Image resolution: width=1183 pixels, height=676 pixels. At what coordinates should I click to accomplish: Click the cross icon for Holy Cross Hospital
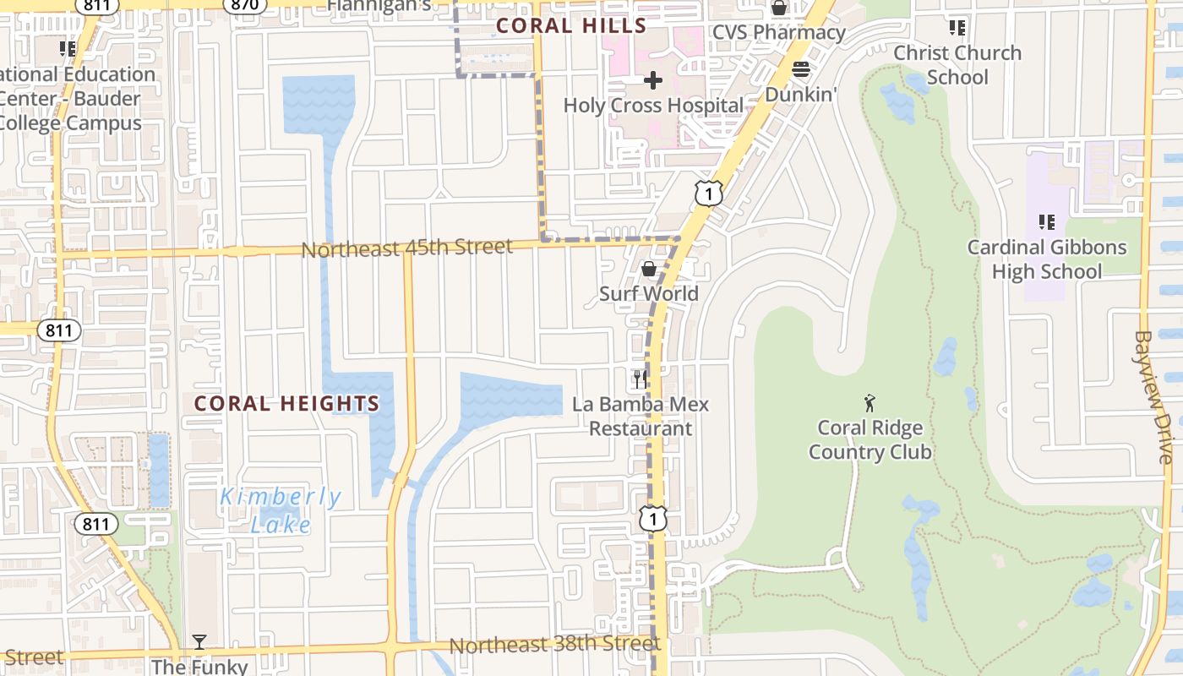tap(652, 80)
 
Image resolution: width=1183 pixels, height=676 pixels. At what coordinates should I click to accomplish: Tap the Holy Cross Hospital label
tap(653, 106)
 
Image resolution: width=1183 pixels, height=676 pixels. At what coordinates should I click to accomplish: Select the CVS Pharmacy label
tap(778, 32)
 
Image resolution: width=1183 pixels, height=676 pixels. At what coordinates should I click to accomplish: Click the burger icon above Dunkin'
tap(800, 69)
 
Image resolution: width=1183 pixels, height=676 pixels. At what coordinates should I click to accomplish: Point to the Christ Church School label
tap(957, 65)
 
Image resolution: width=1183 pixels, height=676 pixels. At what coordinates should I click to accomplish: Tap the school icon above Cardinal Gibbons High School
tap(1046, 222)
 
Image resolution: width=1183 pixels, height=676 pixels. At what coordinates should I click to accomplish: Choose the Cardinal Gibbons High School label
tap(1047, 259)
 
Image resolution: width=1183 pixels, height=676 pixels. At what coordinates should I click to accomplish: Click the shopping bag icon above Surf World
tap(648, 269)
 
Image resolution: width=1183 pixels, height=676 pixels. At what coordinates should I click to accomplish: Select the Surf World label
tap(648, 293)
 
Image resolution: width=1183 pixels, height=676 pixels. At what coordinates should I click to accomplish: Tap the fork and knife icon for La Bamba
tap(640, 379)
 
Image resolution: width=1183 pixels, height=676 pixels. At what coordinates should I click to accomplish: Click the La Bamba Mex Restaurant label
tap(641, 417)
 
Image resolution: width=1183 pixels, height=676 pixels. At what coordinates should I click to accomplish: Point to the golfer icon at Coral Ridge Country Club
tap(870, 403)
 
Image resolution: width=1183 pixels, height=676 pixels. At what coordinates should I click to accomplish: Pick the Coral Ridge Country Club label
tap(870, 440)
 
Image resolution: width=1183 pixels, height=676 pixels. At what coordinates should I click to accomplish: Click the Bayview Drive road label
tap(1154, 396)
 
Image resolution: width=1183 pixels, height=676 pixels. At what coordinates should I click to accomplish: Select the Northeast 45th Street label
tap(406, 248)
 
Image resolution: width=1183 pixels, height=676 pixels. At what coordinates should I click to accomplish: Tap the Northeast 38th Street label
tap(553, 645)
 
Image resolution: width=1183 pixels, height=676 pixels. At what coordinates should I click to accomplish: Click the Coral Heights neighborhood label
tap(286, 404)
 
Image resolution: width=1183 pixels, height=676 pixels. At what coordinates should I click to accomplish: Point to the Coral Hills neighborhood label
tap(571, 25)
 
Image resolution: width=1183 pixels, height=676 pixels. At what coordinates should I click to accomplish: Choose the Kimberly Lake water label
tap(281, 510)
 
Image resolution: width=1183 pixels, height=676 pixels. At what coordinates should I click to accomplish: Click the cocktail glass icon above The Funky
tap(199, 643)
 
